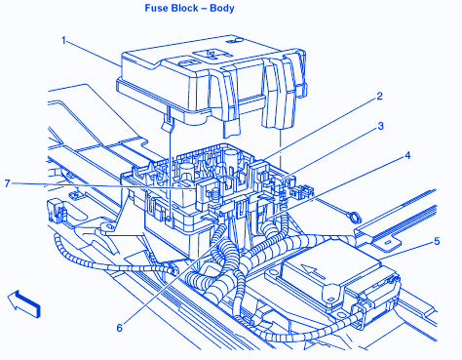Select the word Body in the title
point(222,8)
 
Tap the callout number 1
point(64,40)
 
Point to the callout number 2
point(379,97)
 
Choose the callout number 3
point(380,126)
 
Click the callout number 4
point(407,155)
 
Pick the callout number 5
point(437,241)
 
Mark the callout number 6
point(120,328)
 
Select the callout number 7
point(7,183)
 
